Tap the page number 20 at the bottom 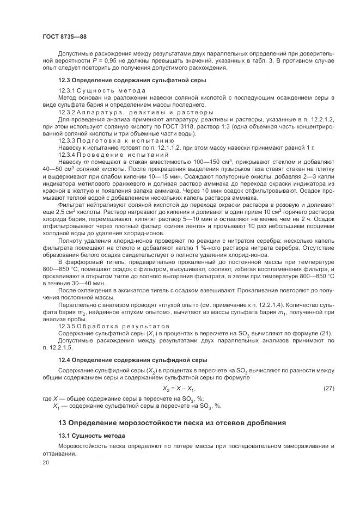(45, 462)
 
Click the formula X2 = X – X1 (179, 388)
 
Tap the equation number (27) (328, 388)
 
